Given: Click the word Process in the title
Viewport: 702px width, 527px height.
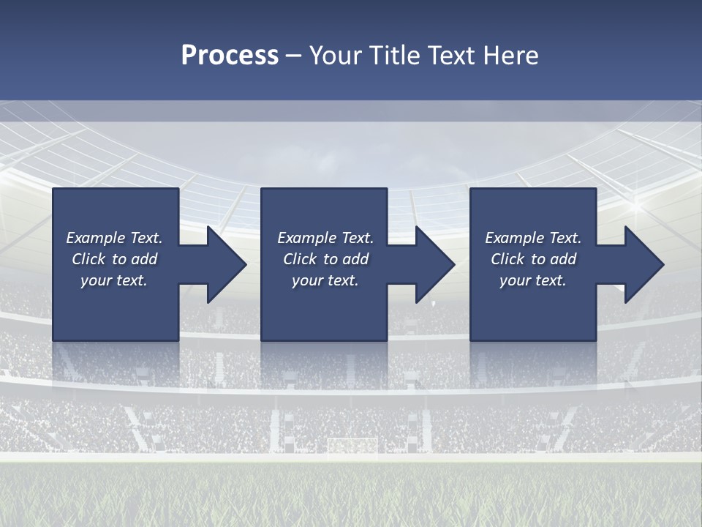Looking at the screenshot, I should tap(230, 56).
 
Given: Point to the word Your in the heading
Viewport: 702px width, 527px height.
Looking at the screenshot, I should tap(336, 56).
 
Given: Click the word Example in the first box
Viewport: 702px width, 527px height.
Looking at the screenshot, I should tap(95, 238).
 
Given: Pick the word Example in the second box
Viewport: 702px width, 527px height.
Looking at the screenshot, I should tap(306, 238).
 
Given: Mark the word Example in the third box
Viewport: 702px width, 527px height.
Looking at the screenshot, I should tap(514, 238).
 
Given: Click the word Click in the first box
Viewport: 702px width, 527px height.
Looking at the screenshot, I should tap(88, 259).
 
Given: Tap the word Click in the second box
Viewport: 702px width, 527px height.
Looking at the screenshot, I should tap(300, 259).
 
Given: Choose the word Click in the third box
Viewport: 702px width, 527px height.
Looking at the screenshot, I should tap(507, 259).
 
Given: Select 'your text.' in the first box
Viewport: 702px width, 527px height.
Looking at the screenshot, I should tap(114, 280).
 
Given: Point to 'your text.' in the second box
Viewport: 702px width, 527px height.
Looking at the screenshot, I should tap(325, 280).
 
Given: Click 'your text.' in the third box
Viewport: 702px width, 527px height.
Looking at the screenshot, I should tap(533, 280).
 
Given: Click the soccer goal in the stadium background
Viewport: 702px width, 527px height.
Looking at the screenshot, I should tap(352, 445).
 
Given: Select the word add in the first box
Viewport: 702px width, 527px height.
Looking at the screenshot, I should tap(144, 259).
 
